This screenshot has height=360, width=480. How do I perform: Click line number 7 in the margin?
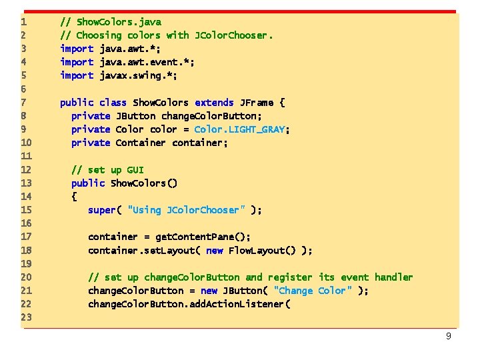click(24, 103)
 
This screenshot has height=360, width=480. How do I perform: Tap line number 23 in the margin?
click(27, 317)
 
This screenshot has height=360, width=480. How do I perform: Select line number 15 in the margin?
click(27, 210)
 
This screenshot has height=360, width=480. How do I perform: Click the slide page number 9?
click(449, 336)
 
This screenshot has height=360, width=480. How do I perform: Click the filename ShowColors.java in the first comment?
click(119, 22)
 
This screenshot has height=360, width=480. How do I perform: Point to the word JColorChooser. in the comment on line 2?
click(233, 35)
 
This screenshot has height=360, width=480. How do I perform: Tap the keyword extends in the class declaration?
click(214, 103)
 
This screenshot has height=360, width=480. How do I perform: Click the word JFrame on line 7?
click(256, 103)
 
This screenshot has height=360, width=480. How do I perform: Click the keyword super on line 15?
click(101, 210)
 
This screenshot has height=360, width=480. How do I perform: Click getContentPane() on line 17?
click(203, 237)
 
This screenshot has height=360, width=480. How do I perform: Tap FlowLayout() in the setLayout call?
click(261, 251)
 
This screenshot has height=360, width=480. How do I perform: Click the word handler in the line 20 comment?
click(393, 277)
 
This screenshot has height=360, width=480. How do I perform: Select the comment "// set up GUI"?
click(107, 170)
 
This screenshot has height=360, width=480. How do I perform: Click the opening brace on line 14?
click(74, 197)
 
